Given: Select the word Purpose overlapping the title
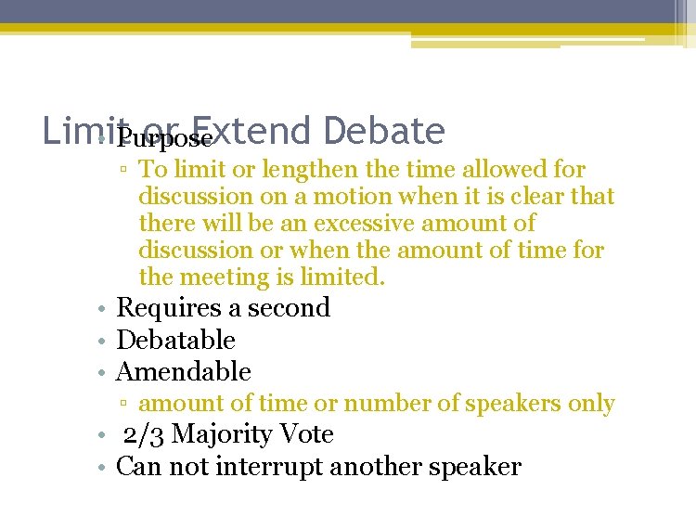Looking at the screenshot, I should [165, 139].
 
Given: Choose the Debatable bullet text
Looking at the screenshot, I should [175, 340].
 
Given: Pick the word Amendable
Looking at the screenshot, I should [183, 371].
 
